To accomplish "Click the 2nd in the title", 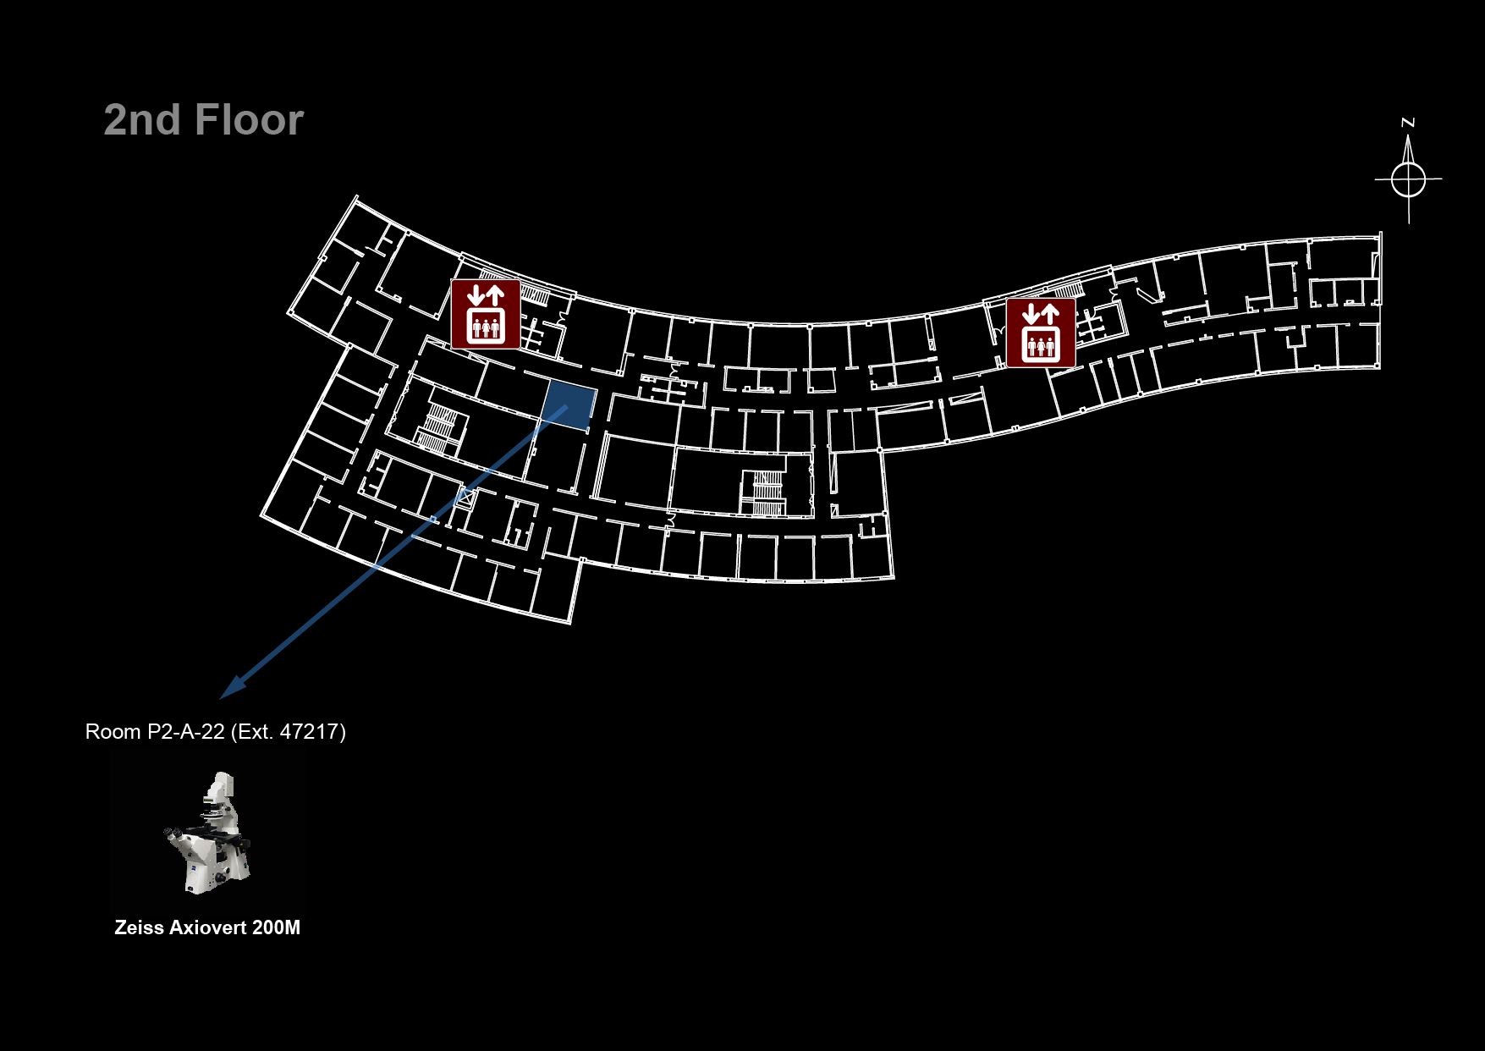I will pyautogui.click(x=142, y=120).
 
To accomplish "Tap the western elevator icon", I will pyautogui.click(x=486, y=314).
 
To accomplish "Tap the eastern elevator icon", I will pyautogui.click(x=1041, y=333).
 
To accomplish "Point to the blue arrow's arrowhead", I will pyautogui.click(x=230, y=689).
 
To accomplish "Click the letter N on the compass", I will pyautogui.click(x=1408, y=124).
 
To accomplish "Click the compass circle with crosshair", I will pyautogui.click(x=1408, y=179).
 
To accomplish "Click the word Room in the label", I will pyautogui.click(x=113, y=732).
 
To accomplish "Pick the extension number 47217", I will pyautogui.click(x=309, y=732).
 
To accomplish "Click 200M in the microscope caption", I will pyautogui.click(x=276, y=927).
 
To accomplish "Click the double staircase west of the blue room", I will pyautogui.click(x=439, y=428).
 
